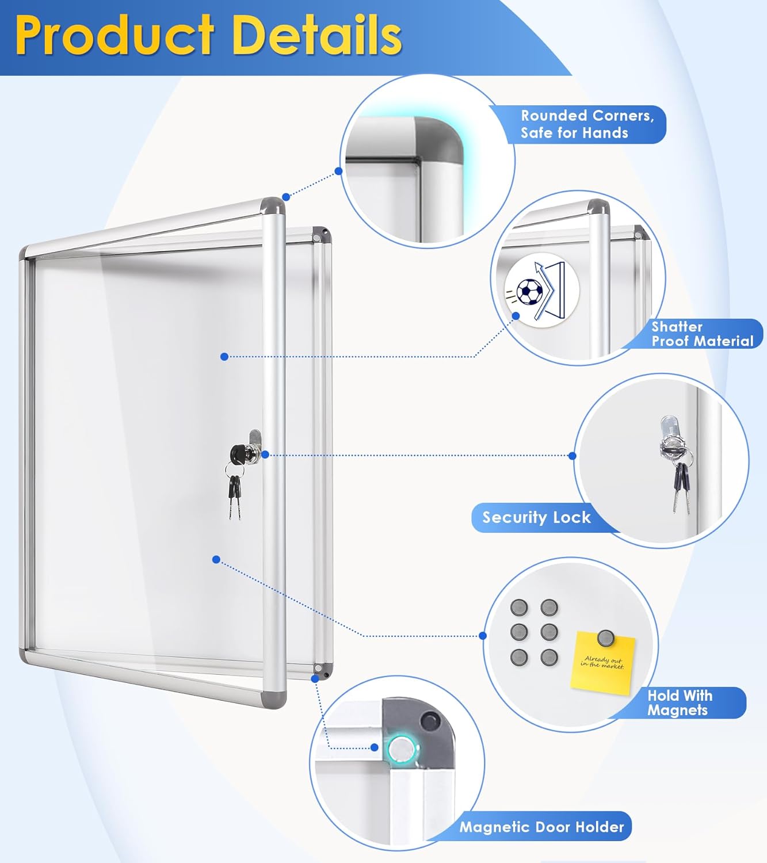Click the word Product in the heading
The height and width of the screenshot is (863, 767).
click(115, 36)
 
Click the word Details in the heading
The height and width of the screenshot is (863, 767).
click(316, 36)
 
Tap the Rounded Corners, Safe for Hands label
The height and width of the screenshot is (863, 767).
click(586, 124)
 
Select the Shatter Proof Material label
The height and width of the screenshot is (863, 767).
click(701, 334)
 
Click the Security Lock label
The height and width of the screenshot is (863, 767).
click(536, 517)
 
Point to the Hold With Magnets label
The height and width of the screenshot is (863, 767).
click(680, 702)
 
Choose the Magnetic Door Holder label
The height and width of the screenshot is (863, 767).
click(541, 827)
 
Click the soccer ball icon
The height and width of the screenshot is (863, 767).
click(529, 292)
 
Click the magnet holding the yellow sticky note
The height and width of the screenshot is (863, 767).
click(605, 637)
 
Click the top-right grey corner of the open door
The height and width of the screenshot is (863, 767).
click(273, 206)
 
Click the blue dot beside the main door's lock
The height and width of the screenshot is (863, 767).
click(265, 455)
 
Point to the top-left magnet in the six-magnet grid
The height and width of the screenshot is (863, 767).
click(519, 608)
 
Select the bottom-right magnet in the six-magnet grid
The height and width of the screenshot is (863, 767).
click(549, 657)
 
